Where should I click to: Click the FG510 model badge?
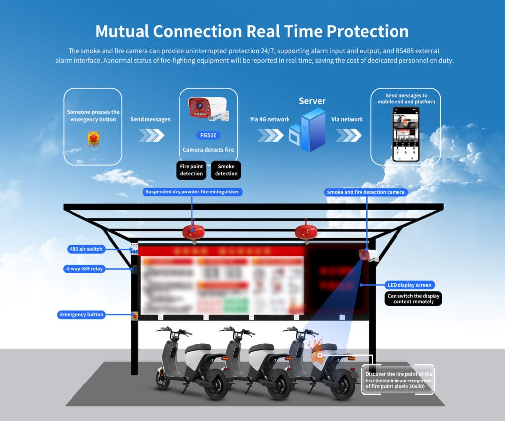pos(208,135)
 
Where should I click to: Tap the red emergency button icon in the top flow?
pos(93,138)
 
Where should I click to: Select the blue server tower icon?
pos(308,129)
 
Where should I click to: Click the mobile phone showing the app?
pos(405,134)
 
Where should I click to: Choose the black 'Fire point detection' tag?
pos(191,170)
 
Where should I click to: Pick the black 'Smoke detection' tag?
pos(226,170)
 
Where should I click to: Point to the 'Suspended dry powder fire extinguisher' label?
pos(193,192)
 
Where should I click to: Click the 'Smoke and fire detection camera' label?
pos(366,192)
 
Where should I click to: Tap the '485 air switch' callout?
pos(86,249)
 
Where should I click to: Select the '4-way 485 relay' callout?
pos(84,269)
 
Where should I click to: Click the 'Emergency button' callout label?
pos(81,314)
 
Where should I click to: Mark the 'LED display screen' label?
pos(409,285)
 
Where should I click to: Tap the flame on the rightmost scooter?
pos(316,349)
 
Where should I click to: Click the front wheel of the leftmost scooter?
pos(163,379)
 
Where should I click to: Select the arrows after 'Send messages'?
pos(151,135)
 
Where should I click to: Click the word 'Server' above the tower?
pos(312,101)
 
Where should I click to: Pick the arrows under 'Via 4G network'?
pos(270,135)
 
